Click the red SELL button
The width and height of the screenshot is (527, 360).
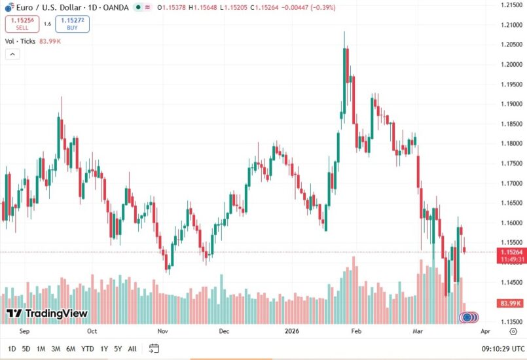[x=22, y=24]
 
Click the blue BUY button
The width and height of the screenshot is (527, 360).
[x=72, y=24]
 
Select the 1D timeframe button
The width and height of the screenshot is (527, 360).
[x=12, y=349]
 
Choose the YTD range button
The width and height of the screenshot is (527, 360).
[x=87, y=349]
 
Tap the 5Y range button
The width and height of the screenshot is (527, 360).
[x=117, y=349]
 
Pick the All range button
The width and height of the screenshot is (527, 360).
[x=132, y=349]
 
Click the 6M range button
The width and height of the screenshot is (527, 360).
[x=70, y=349]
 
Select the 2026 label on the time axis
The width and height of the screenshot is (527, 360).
[x=292, y=331]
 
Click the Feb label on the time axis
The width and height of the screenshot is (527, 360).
[x=356, y=331]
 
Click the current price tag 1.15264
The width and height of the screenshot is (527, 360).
[x=510, y=252]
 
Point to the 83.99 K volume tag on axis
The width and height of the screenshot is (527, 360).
[x=510, y=304]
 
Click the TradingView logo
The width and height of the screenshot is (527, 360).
[x=47, y=314]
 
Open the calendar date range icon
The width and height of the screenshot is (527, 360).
[x=154, y=349]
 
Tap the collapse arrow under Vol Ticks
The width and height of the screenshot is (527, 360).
[x=12, y=54]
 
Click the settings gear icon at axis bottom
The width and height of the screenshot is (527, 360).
[x=513, y=332]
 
